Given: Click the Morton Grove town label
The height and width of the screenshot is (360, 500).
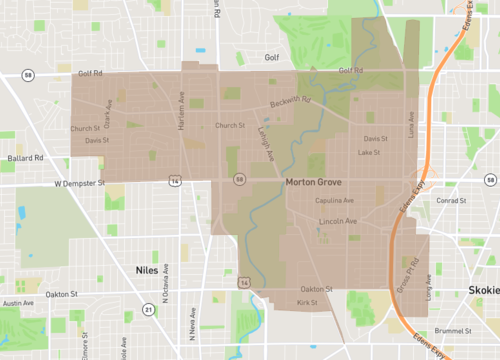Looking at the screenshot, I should (314, 184).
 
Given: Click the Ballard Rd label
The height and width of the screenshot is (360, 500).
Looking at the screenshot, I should (23, 157).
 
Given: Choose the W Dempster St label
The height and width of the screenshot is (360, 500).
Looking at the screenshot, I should (79, 184).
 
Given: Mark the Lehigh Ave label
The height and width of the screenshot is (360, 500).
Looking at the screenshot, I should (264, 140).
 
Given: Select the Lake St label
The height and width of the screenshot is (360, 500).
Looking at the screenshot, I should (369, 153).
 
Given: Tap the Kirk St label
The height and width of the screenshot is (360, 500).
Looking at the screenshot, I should (306, 301).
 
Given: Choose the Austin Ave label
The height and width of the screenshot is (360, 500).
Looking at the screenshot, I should (18, 303).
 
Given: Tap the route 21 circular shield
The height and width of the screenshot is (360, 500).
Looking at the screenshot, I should (148, 309).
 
